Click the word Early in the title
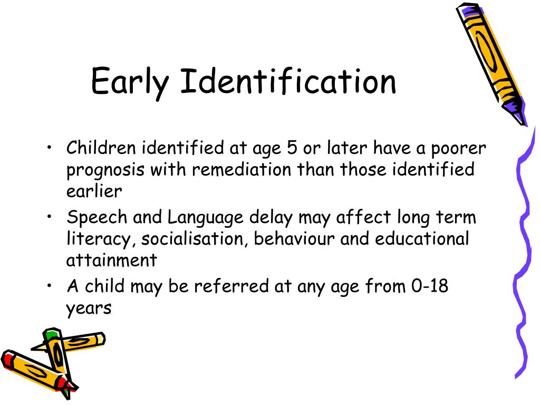pos(130,82)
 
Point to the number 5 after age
pos(292,148)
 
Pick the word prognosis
pos(105,170)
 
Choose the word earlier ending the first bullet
pos(94,191)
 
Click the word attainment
pos(111,260)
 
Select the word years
pos(89,308)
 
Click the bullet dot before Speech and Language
pos(49,217)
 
